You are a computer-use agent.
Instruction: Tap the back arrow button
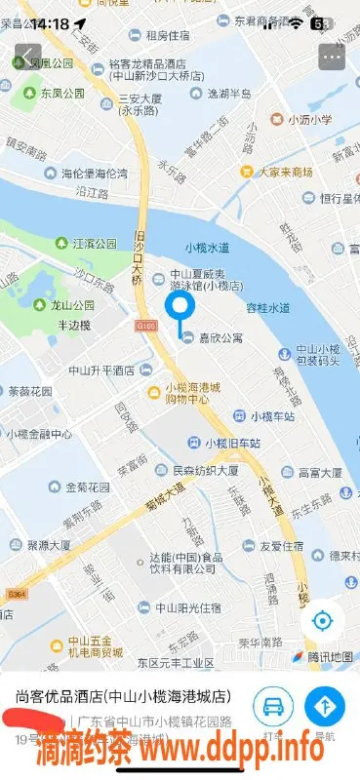[27, 58]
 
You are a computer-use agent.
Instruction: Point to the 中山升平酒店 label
[96, 370]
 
